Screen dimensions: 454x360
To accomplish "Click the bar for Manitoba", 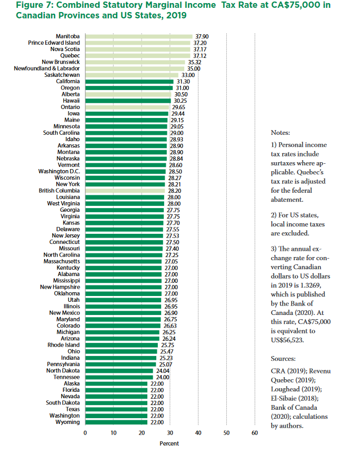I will click(x=138, y=36).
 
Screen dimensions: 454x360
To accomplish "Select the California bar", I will click(x=129, y=82).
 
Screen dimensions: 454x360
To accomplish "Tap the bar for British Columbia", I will click(x=125, y=191).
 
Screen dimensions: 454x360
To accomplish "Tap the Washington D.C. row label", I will click(x=59, y=171).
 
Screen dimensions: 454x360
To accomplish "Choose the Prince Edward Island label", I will click(x=54, y=43).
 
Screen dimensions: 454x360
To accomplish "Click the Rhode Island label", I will click(x=64, y=345).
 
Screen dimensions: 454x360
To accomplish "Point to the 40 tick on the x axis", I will click(x=198, y=433).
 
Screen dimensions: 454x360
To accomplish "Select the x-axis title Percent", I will click(x=169, y=443).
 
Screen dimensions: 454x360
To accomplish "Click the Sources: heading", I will click(x=283, y=358).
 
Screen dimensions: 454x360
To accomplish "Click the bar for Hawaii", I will click(x=128, y=101).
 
